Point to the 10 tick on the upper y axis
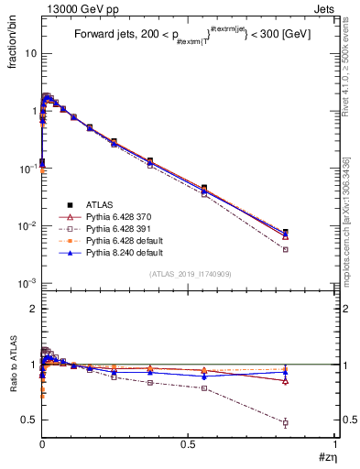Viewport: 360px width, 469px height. click(30, 53)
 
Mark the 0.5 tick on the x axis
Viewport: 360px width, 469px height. click(188, 443)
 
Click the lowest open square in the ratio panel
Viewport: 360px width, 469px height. click(286, 422)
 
